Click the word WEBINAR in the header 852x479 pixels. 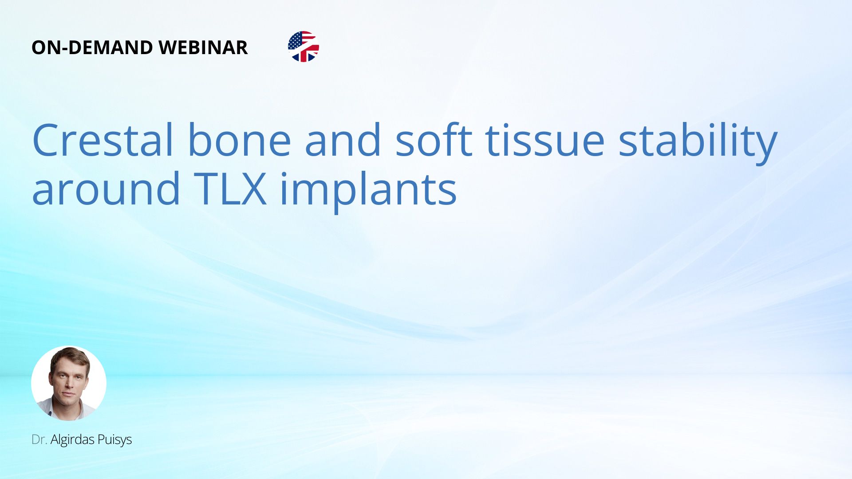click(x=203, y=47)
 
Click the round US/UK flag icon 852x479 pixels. click(x=304, y=47)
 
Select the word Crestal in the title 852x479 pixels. click(x=103, y=140)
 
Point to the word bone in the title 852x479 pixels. click(x=240, y=140)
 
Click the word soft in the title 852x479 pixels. click(x=434, y=140)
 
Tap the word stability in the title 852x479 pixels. click(x=698, y=142)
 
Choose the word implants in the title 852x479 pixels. click(x=368, y=191)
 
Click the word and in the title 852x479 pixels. click(x=343, y=140)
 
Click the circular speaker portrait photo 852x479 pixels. click(x=69, y=383)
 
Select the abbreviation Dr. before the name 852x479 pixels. click(x=39, y=440)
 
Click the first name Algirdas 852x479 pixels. click(x=72, y=440)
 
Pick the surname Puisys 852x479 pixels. click(x=114, y=440)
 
